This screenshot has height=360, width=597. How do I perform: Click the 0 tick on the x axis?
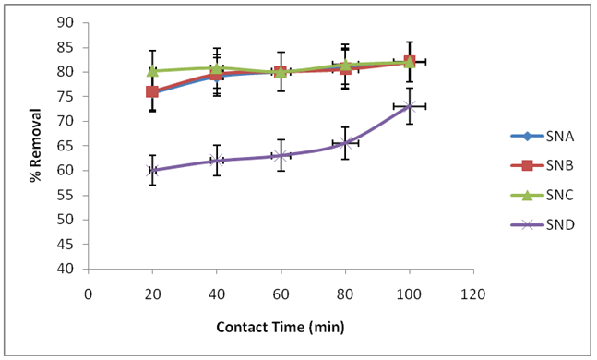pos(89,294)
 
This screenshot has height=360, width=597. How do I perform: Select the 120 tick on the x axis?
pos(473,294)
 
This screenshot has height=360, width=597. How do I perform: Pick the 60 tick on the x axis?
pos(281,294)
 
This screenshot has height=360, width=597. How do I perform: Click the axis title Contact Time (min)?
pos(281,328)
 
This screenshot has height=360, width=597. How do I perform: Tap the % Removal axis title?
pos(36,146)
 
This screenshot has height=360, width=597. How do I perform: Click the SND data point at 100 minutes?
pos(409,106)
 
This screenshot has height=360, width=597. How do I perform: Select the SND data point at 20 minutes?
pos(152,170)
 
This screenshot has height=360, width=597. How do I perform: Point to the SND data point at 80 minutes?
pos(345,143)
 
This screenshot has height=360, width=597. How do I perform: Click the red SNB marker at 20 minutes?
pos(152,91)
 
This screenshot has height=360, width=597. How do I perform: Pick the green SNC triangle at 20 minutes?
pos(152,70)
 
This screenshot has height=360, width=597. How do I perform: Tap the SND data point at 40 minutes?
pos(217,161)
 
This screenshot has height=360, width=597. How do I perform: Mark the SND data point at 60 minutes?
pos(281,155)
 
